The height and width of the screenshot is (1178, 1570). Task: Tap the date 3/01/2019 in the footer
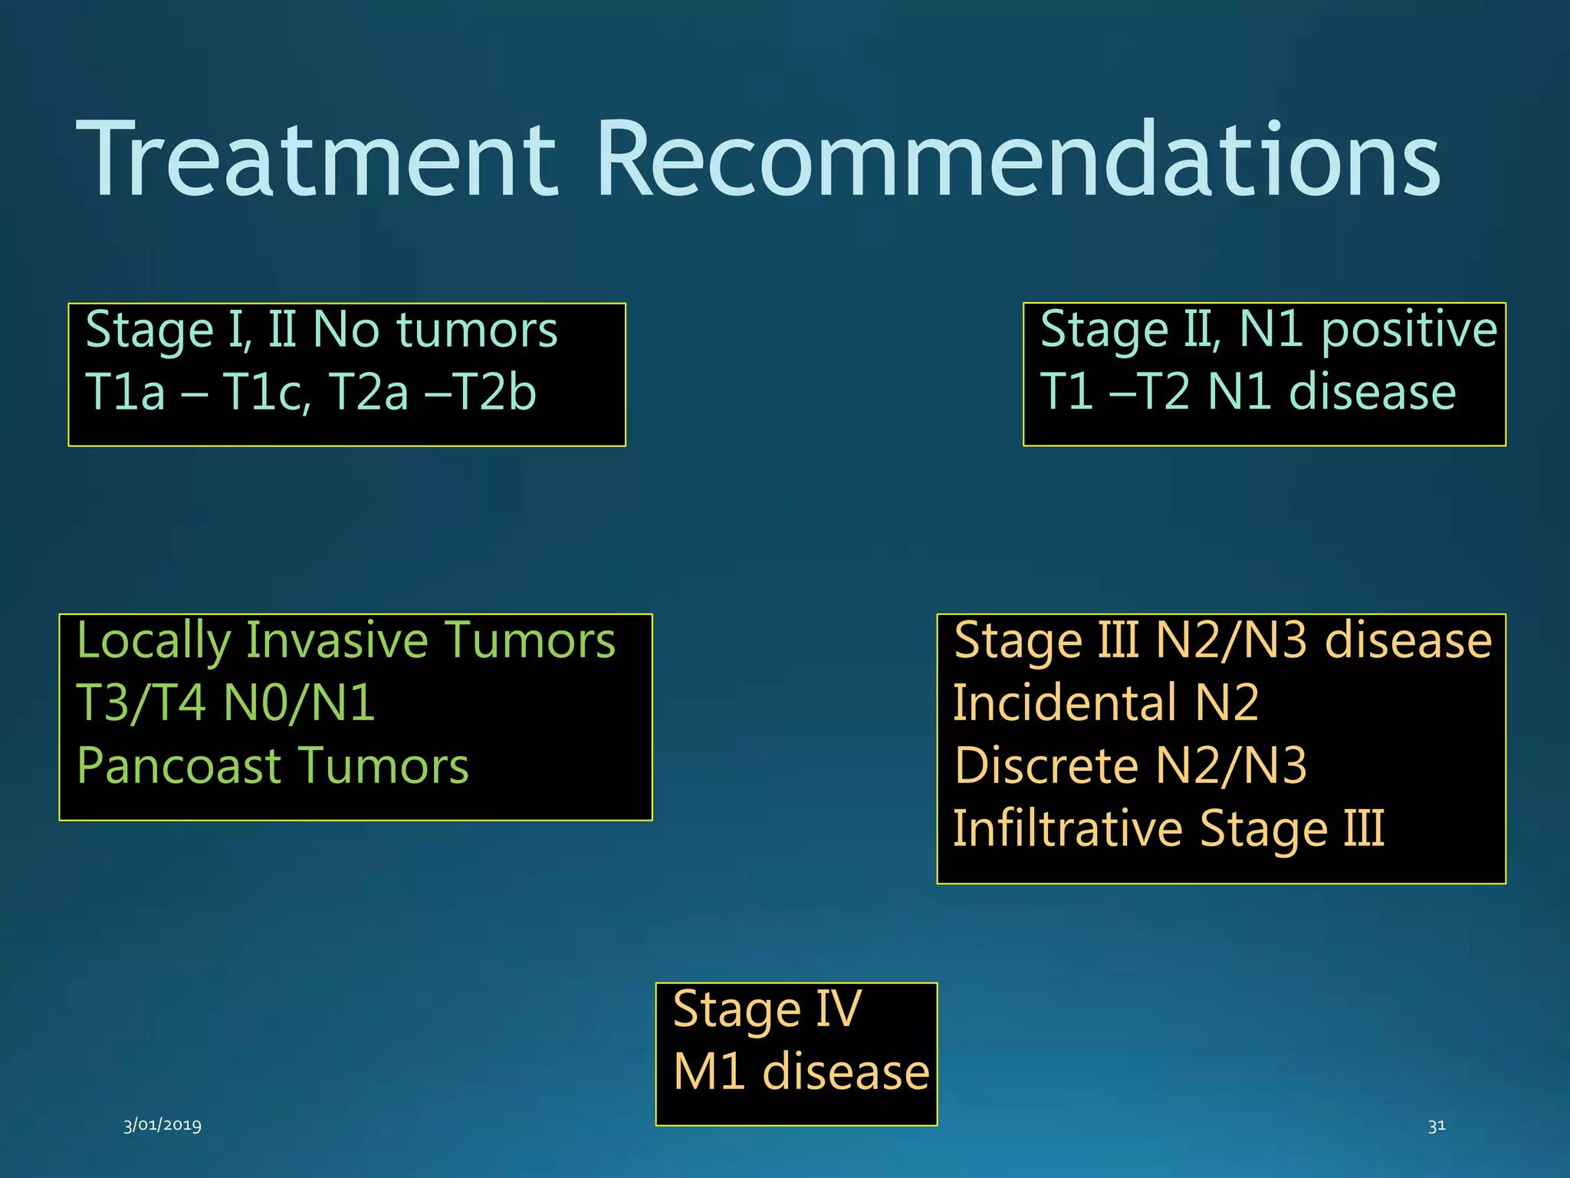[163, 1124]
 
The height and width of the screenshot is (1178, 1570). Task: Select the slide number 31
[1437, 1125]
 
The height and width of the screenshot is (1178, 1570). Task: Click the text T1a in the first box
[125, 392]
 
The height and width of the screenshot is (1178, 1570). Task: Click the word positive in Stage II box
[1409, 330]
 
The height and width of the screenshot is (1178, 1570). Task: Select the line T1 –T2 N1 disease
[1247, 392]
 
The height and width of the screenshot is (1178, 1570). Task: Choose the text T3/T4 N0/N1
[226, 703]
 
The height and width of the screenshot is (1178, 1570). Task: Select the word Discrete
[1046, 766]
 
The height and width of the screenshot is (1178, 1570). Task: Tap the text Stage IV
[767, 1010]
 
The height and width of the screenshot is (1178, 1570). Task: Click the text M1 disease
[800, 1072]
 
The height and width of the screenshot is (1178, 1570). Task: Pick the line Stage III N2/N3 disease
[1222, 641]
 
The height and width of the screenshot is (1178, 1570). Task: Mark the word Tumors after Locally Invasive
[530, 641]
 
